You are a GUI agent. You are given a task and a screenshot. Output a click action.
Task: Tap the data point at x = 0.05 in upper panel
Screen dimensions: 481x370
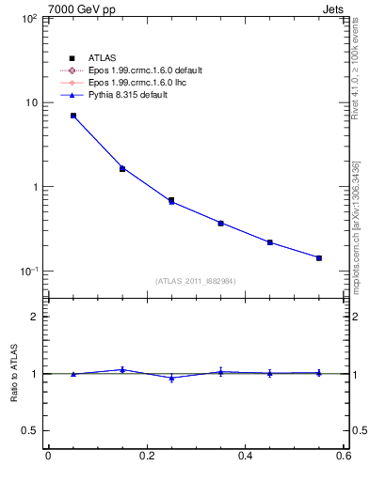click(x=73, y=116)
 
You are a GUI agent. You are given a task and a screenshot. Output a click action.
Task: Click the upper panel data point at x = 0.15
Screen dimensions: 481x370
click(x=122, y=168)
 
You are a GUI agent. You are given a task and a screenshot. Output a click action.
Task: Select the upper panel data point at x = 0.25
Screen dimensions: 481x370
click(x=171, y=200)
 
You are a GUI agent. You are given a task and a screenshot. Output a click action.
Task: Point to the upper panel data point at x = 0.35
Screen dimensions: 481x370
click(x=220, y=223)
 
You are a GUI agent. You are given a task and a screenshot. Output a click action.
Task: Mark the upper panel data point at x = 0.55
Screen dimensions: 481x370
click(x=319, y=257)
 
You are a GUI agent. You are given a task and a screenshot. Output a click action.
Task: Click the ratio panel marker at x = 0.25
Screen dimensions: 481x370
click(x=171, y=378)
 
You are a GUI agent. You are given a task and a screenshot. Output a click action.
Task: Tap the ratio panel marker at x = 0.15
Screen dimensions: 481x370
click(x=122, y=369)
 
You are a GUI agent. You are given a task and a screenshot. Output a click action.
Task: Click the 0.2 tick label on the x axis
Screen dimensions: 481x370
click(x=146, y=457)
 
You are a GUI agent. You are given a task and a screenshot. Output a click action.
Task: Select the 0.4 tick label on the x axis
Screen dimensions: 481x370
click(x=245, y=457)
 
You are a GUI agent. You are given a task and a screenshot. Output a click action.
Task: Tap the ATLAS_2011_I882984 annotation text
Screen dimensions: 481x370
click(x=196, y=281)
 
